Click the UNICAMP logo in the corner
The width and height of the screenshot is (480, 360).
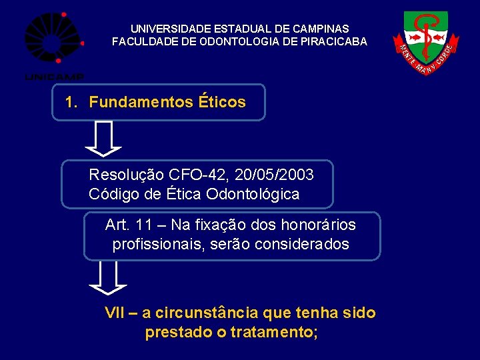tap(53, 44)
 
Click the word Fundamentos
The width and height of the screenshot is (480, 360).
tap(141, 102)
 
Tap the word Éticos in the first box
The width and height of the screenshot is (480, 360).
tap(222, 102)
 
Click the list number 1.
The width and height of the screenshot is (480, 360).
tap(71, 102)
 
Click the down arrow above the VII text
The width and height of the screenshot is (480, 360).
tap(107, 278)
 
